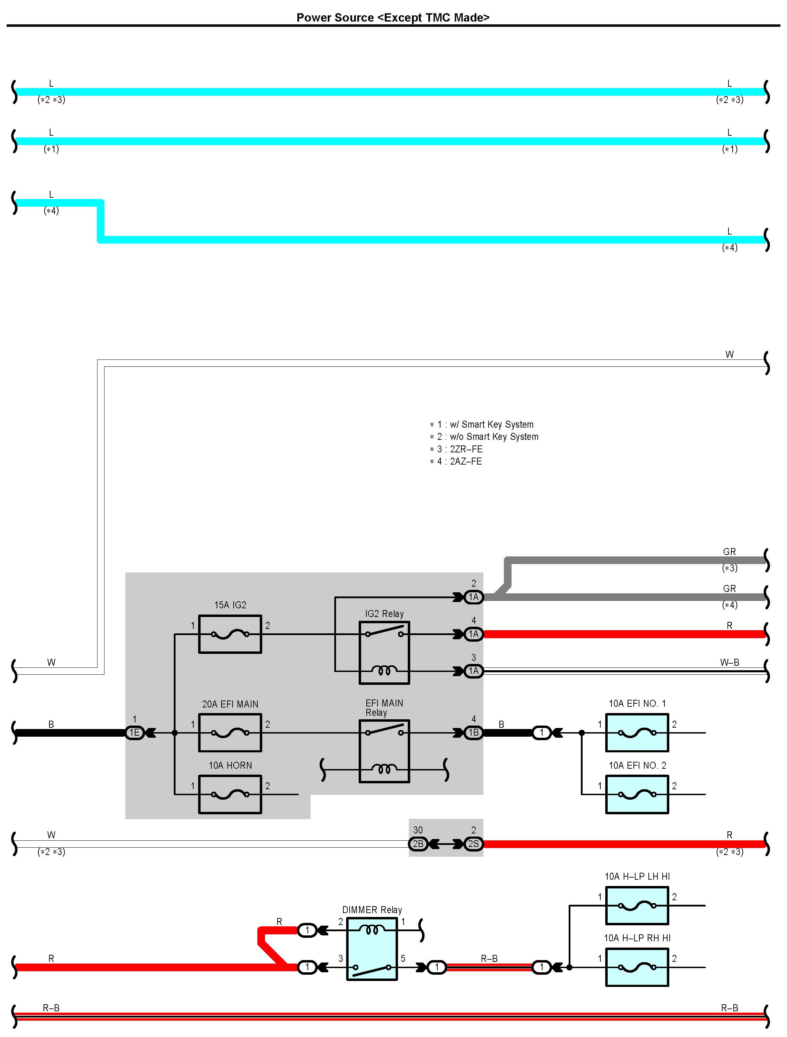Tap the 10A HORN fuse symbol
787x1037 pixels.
pos(230,794)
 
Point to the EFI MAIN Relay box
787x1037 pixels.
pos(384,751)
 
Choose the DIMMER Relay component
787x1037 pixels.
pos(372,949)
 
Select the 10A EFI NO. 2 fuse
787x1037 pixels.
pos(637,794)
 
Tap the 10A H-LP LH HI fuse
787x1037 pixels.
pos(637,906)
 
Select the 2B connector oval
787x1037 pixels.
pos(418,844)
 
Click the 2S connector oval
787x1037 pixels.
pos(473,844)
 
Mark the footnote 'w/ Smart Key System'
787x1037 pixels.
pos(491,424)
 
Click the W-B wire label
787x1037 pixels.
pos(729,663)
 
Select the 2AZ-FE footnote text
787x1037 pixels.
pos(466,461)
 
